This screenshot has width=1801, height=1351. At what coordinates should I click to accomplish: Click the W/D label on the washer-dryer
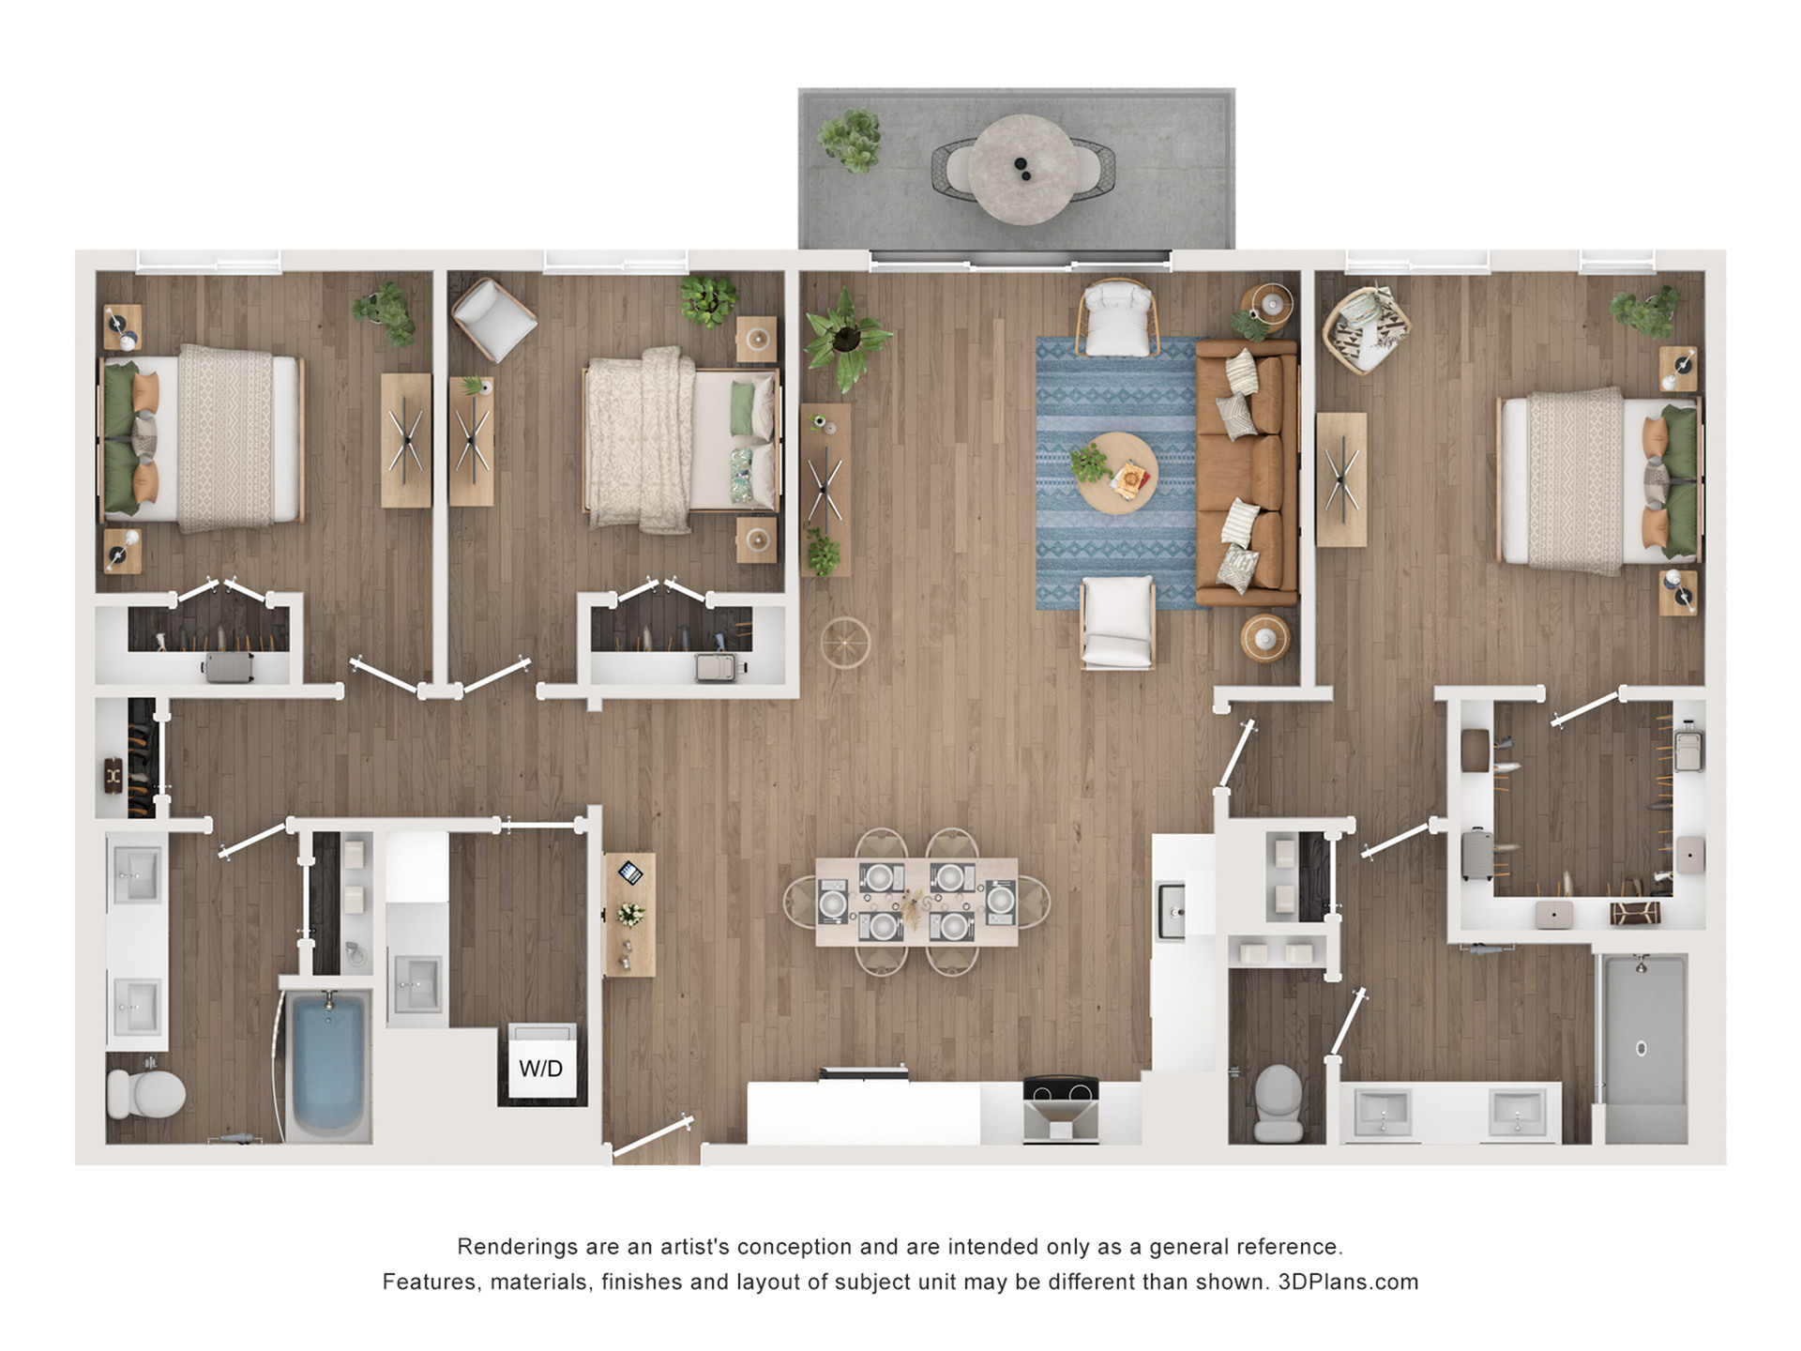point(541,1068)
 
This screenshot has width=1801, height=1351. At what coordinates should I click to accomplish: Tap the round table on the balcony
point(1023,170)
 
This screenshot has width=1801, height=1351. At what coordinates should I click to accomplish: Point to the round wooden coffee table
point(1116,473)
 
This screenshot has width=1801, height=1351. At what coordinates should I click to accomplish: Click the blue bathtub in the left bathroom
point(327,1064)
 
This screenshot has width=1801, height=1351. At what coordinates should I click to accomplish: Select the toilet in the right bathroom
point(1279,1103)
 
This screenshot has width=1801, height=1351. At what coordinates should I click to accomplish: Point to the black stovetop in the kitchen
point(1061,1089)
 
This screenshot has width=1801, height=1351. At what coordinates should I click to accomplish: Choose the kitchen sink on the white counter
point(1172,910)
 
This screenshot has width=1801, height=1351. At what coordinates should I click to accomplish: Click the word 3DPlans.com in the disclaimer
point(1348,1283)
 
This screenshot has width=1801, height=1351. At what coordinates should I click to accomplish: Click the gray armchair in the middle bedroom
point(493,319)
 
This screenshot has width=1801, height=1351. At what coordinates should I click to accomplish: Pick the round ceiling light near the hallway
point(845,643)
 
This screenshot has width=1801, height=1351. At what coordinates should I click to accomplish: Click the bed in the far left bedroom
point(202,438)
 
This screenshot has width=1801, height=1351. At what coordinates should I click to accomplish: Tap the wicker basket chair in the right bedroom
point(1367,329)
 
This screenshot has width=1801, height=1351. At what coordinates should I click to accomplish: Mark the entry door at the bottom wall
point(652,1134)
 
